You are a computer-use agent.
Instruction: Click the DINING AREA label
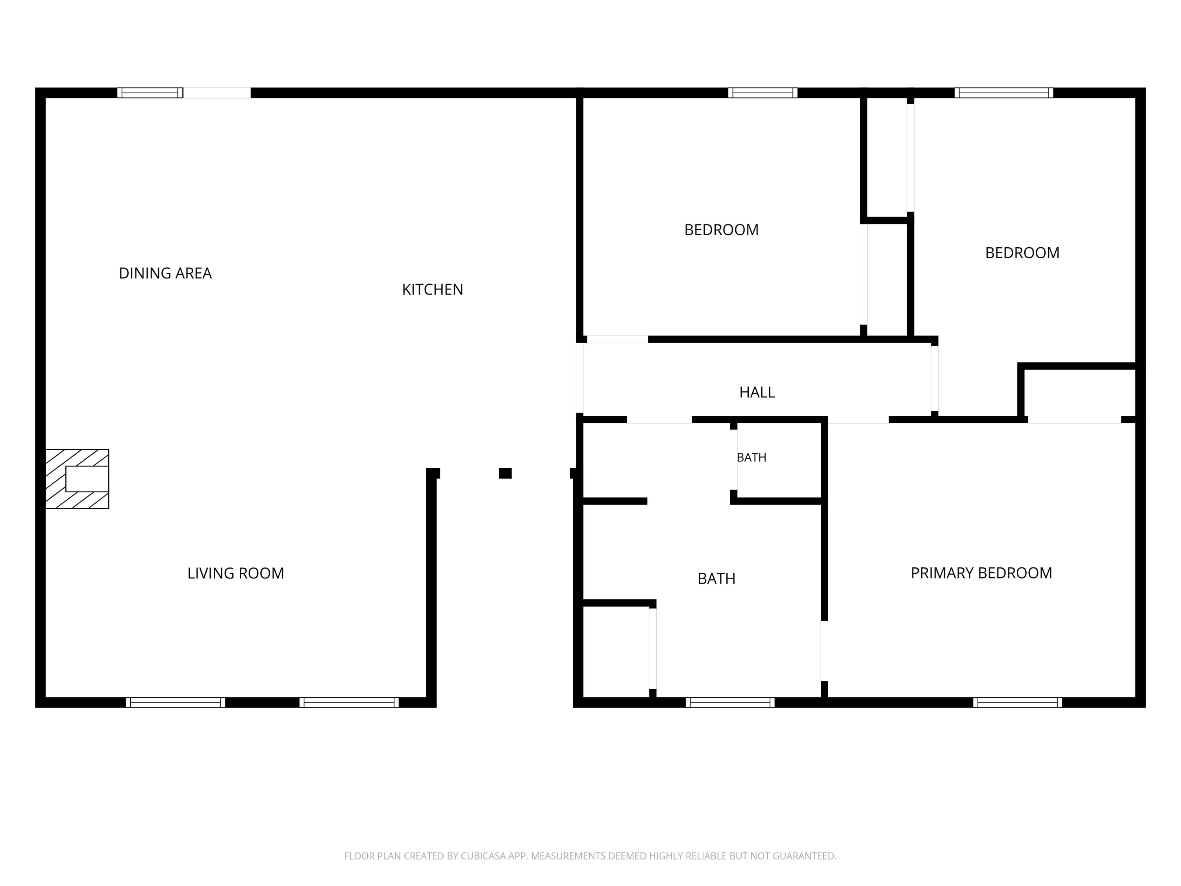coord(165,273)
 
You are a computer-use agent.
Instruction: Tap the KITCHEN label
coord(433,289)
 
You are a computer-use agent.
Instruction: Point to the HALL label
coord(757,393)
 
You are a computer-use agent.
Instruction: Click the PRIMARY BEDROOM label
coord(981,573)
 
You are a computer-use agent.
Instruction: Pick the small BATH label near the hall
coord(751,458)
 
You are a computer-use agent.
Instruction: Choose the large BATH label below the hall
coord(716,579)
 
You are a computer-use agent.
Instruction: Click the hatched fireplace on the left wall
coord(78,479)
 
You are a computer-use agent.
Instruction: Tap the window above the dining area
coord(150,93)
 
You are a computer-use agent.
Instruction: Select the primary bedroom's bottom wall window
coord(1018,702)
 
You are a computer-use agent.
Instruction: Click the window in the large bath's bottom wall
coord(730,702)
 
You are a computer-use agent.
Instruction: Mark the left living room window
coord(176,702)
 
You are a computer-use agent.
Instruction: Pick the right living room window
coord(349,702)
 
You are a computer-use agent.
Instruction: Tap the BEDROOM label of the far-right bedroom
coord(1022,253)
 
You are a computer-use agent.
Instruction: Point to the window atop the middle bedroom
coord(763,93)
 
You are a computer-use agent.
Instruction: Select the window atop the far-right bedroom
coord(1004,93)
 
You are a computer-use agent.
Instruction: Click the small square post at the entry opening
coord(505,473)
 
